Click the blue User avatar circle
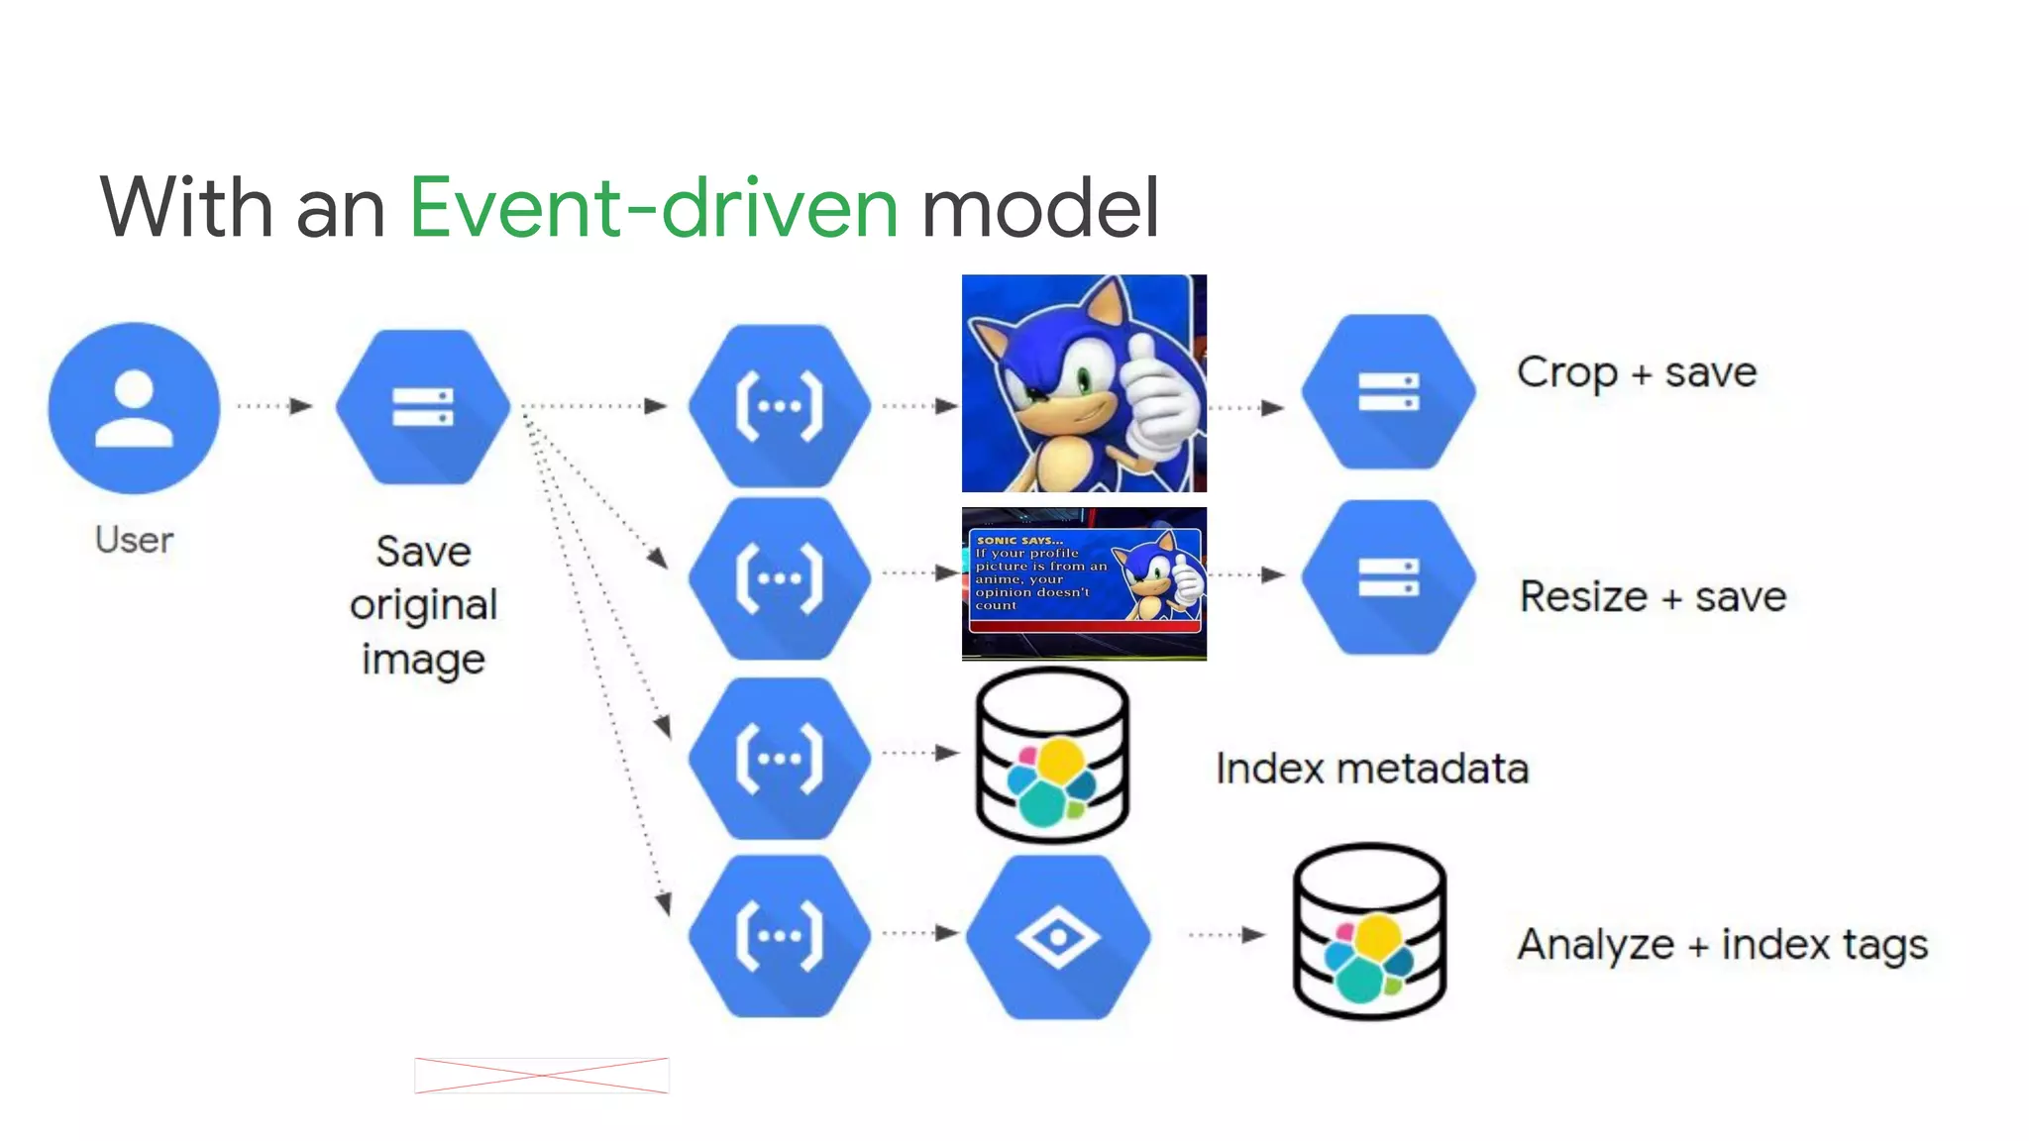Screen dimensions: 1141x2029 [134, 407]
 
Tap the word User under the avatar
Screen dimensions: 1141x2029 [134, 540]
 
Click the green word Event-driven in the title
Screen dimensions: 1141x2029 [654, 208]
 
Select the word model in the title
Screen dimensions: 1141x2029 [1040, 208]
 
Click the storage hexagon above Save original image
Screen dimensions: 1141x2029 [423, 406]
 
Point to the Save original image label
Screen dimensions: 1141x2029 [423, 604]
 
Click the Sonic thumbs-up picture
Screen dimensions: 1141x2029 [1084, 383]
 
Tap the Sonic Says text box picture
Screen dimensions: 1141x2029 [1084, 583]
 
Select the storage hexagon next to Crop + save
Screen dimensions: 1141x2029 [1388, 392]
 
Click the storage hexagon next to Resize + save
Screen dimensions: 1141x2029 [1388, 576]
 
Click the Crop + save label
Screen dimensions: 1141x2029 [1637, 372]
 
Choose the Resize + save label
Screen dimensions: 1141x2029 [1653, 597]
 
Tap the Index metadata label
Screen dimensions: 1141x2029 [1372, 769]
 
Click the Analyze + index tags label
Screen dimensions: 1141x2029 [1722, 944]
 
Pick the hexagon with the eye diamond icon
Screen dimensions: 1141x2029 [1058, 936]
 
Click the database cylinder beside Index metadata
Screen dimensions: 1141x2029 [1052, 756]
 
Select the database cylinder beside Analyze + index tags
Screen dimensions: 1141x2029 [1369, 931]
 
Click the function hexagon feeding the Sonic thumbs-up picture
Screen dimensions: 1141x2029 [780, 406]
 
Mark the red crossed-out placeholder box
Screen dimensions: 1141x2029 [541, 1076]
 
